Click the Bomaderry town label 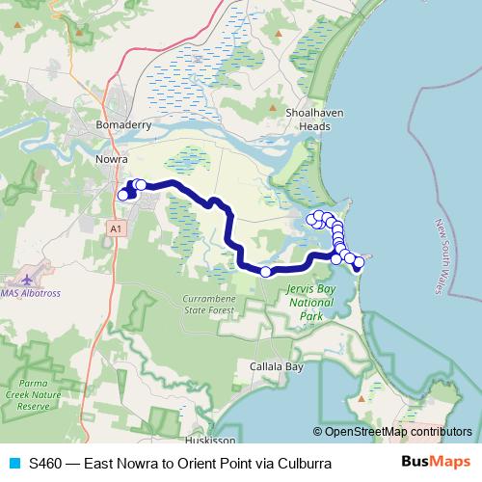click(x=121, y=126)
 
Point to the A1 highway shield click(x=116, y=228)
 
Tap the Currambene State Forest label click(x=208, y=306)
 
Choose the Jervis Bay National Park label click(x=310, y=302)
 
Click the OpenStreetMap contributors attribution click(x=392, y=433)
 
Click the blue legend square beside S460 click(x=13, y=464)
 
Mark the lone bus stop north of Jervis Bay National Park click(x=266, y=272)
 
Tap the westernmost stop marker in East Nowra click(x=122, y=195)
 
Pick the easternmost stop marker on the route click(x=360, y=261)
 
